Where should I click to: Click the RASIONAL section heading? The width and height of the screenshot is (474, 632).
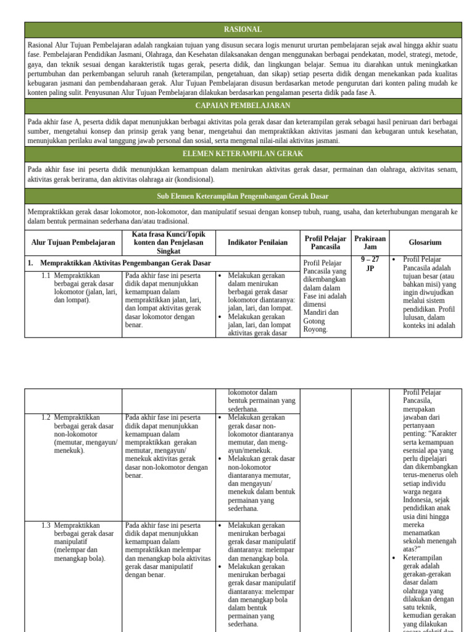[x=243, y=30]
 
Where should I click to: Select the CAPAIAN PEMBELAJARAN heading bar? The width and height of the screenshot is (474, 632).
[x=243, y=106]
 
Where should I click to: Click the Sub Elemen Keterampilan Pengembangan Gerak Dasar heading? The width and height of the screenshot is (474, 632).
[x=243, y=196]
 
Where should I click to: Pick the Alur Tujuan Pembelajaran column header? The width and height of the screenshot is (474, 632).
[x=73, y=243]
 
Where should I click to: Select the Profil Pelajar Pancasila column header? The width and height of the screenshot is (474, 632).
[x=325, y=243]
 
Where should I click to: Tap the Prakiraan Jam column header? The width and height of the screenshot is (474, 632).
[x=370, y=243]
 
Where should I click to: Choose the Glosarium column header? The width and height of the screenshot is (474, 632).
[x=425, y=243]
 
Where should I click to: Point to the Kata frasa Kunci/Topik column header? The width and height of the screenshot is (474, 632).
[x=168, y=243]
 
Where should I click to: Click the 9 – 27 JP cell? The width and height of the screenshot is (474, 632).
[x=370, y=264]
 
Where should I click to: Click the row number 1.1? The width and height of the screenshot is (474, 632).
[x=46, y=276]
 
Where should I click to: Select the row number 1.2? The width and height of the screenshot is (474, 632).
[x=46, y=418]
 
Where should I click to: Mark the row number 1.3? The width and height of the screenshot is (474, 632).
[x=46, y=525]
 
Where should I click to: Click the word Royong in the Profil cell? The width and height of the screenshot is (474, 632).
[x=315, y=329]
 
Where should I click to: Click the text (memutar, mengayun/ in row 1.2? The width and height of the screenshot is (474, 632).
[x=85, y=443]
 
